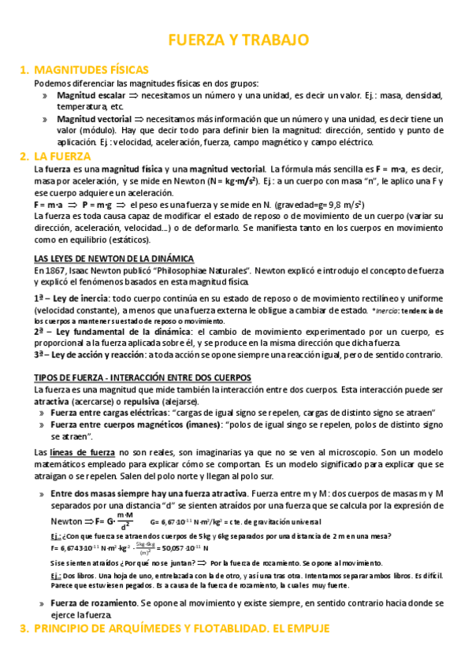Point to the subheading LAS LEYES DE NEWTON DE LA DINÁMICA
(114, 258)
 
